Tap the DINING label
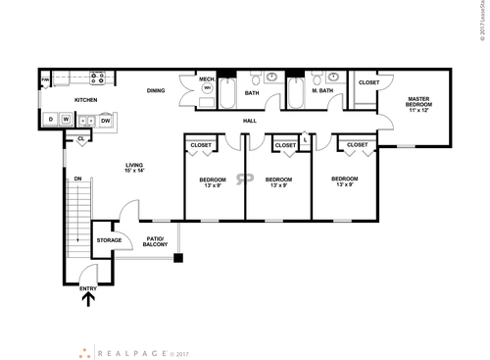click(156, 91)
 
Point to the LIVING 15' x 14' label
click(134, 168)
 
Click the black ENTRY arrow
click(89, 301)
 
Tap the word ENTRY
click(89, 287)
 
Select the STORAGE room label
click(109, 240)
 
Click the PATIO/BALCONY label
click(156, 241)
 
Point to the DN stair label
click(77, 179)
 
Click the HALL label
click(249, 121)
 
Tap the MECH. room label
click(207, 78)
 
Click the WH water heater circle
click(207, 88)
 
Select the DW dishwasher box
click(105, 120)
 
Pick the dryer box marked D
click(50, 120)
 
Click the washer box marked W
click(65, 120)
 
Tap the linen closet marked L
click(306, 140)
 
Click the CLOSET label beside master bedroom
click(368, 82)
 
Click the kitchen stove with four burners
click(97, 77)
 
